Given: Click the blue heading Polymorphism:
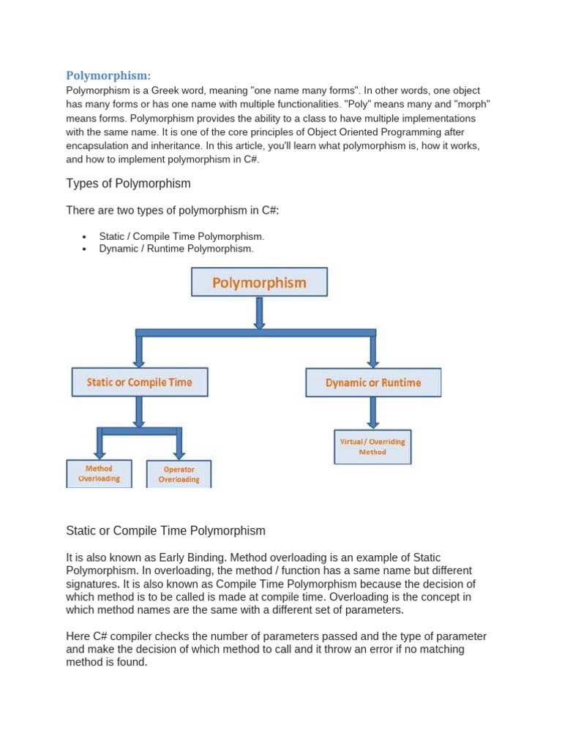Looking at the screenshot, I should [x=108, y=75].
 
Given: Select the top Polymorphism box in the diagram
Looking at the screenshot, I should [x=259, y=282].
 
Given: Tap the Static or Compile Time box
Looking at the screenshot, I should [x=139, y=382].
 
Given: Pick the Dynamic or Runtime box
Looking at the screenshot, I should [x=373, y=383].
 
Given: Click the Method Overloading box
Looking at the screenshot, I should [x=99, y=473].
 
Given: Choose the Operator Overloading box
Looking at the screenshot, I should [x=179, y=474].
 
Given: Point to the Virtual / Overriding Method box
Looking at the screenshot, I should [x=372, y=446].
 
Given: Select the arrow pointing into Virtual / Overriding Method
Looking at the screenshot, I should [x=373, y=413].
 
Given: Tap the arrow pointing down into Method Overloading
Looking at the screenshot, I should [x=100, y=445].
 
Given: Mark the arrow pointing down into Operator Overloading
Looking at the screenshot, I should [x=179, y=445].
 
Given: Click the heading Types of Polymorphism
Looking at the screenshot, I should [x=128, y=183].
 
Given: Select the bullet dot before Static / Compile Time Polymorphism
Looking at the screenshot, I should [x=85, y=238].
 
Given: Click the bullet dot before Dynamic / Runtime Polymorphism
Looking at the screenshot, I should [x=85, y=249].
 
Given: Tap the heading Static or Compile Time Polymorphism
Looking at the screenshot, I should [x=165, y=530].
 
